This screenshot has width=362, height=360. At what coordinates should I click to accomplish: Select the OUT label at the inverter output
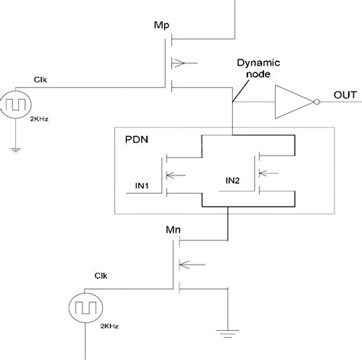[x=344, y=95]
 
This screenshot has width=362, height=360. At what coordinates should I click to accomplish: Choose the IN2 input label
[x=234, y=181]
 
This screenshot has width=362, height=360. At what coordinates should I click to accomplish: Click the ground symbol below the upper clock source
[x=16, y=150]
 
